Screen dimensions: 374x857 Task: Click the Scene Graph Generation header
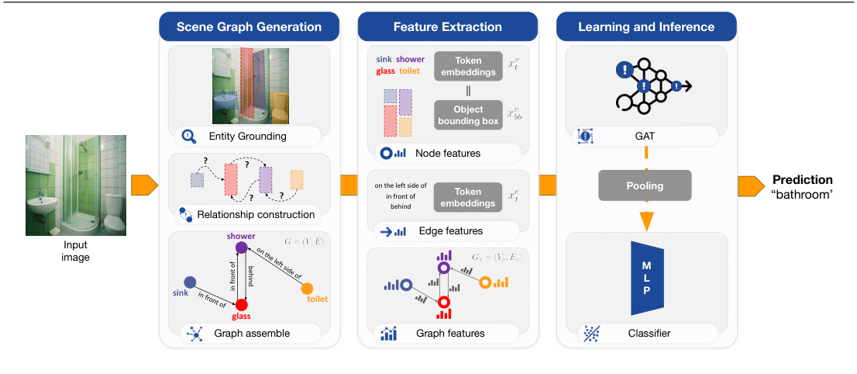tap(249, 27)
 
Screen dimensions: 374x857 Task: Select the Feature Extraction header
tap(447, 27)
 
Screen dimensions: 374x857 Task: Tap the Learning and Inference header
tap(646, 27)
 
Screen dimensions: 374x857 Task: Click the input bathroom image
tap(76, 185)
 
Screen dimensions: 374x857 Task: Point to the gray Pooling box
tap(645, 187)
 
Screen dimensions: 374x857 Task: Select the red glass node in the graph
tap(241, 304)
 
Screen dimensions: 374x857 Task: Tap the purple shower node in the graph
tap(241, 248)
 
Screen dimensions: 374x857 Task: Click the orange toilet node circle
tap(307, 288)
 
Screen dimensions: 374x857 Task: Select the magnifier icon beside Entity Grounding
tap(188, 137)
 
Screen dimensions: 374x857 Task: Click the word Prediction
tap(802, 180)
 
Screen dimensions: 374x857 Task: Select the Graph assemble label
tap(254, 334)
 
